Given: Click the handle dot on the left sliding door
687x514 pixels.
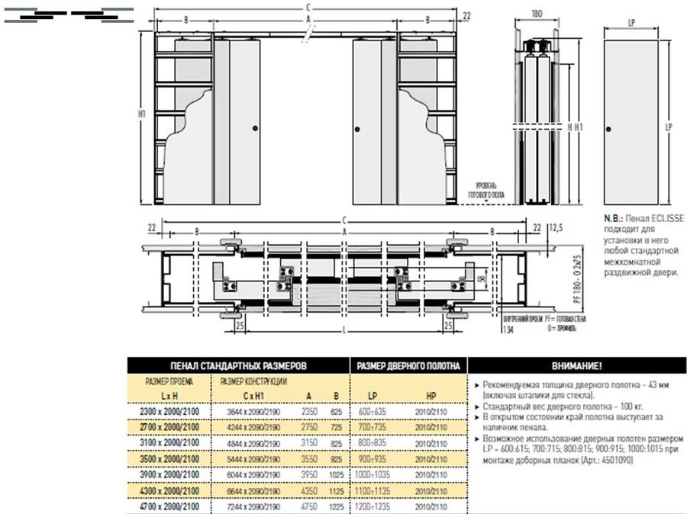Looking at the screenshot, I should pos(255,127).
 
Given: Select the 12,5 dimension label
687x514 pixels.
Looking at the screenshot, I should pos(555,227).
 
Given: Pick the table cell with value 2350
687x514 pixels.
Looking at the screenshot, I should pos(308,411).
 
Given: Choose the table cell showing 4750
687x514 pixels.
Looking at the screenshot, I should pos(308,506).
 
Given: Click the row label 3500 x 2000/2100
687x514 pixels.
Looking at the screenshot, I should pos(169,458).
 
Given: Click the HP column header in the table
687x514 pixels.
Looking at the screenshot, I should pos(430,395).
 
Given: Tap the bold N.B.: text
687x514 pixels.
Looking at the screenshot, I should pos(614,218).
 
